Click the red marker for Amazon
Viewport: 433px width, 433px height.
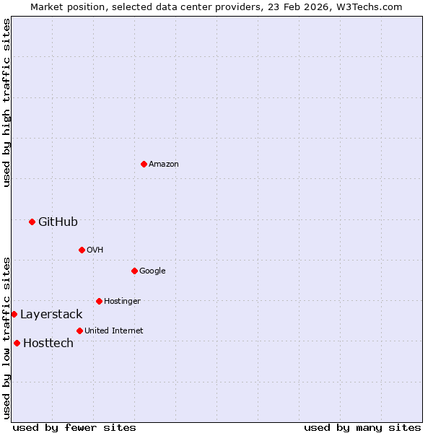coord(144,164)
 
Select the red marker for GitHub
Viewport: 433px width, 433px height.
coord(32,222)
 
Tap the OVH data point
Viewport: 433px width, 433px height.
coord(82,250)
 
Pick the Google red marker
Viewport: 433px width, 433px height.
coord(134,271)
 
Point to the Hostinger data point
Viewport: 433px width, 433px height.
coord(99,301)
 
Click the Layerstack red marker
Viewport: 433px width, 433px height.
coord(14,314)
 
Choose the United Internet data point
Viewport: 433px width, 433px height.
coord(79,331)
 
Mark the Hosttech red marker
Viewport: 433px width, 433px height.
coord(17,343)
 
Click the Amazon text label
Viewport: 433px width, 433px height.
coord(164,164)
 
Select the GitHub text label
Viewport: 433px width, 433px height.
coord(58,222)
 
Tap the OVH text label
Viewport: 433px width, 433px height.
coord(95,250)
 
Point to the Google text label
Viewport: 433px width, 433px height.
coord(152,271)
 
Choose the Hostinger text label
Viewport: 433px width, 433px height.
coord(122,301)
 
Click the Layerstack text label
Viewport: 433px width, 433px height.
coord(51,314)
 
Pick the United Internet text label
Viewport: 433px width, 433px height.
coord(113,331)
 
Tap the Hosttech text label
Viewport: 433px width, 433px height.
coord(48,343)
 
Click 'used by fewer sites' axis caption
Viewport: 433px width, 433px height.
coord(74,427)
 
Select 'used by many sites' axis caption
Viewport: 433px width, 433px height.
coord(362,427)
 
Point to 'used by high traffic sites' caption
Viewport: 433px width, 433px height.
coord(6,102)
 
